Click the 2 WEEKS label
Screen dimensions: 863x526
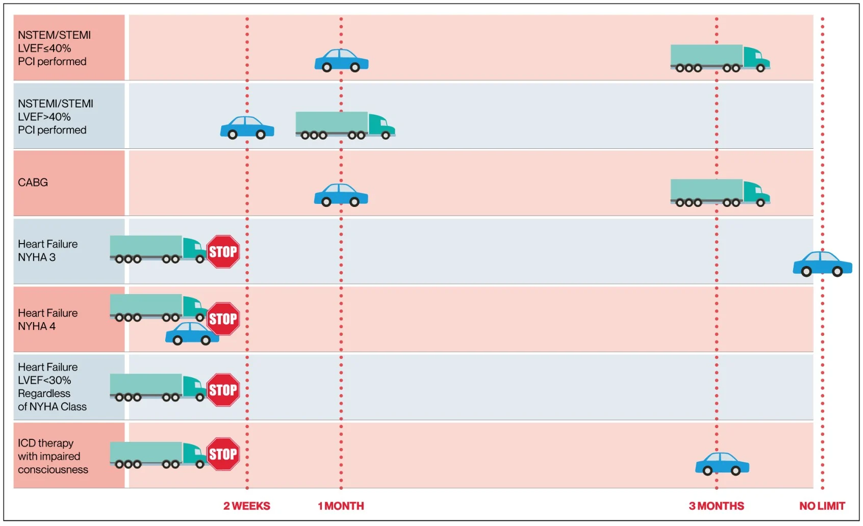pos(246,506)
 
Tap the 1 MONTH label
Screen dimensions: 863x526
pos(341,506)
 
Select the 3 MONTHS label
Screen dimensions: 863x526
pos(716,506)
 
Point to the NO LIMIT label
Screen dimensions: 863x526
pos(822,506)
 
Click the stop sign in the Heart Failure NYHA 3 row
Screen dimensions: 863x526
pos(223,251)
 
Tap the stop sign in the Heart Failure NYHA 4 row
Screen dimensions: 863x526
pos(223,319)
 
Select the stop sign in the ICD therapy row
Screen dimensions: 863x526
pos(223,454)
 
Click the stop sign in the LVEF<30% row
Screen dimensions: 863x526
pos(223,390)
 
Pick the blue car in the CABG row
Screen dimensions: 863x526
pos(341,195)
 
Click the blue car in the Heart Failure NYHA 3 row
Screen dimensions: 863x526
pos(822,264)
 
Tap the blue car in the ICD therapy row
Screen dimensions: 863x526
pos(722,464)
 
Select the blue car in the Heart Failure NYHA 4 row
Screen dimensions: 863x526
pos(192,333)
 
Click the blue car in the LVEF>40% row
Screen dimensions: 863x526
pos(247,127)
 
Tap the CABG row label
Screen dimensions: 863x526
pos(33,182)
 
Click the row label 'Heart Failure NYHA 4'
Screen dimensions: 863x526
pos(48,319)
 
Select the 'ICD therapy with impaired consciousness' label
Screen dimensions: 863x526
pos(53,456)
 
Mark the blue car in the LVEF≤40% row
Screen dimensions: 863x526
pos(341,61)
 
